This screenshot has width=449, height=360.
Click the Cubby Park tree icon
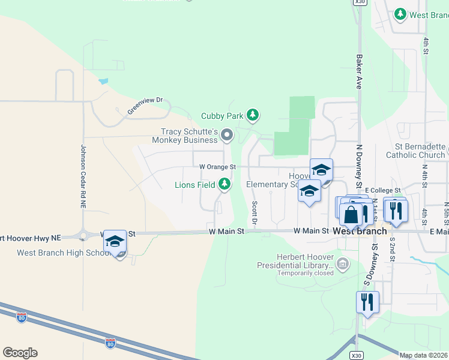pyautogui.click(x=253, y=115)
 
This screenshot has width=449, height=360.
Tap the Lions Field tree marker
pyautogui.click(x=224, y=184)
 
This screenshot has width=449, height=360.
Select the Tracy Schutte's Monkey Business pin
pyautogui.click(x=227, y=136)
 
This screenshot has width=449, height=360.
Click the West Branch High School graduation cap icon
pyautogui.click(x=114, y=241)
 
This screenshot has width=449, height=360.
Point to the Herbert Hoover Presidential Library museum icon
pyautogui.click(x=343, y=263)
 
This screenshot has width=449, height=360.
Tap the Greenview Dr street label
pyautogui.click(x=145, y=106)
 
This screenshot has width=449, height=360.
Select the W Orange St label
pyautogui.click(x=218, y=166)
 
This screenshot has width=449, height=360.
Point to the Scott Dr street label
pyautogui.click(x=255, y=213)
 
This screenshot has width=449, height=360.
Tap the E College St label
pyautogui.click(x=382, y=190)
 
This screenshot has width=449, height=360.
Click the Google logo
pyautogui.click(x=20, y=353)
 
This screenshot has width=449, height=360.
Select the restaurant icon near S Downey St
pyautogui.click(x=367, y=302)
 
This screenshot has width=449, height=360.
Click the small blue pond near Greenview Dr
pyautogui.click(x=104, y=80)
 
